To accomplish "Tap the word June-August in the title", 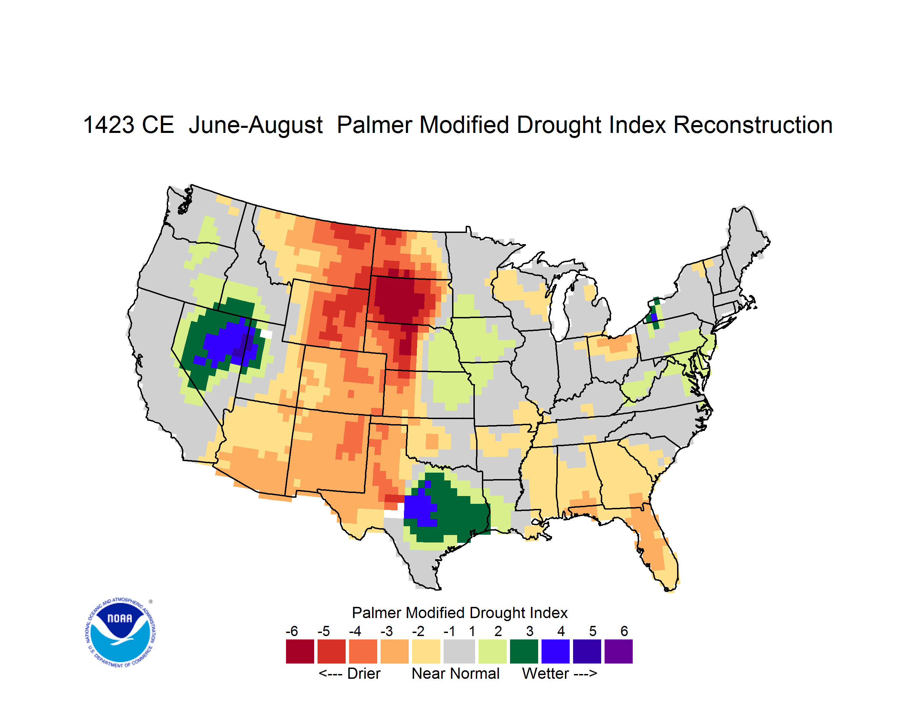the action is [x=256, y=125].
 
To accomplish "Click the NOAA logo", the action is [x=120, y=632].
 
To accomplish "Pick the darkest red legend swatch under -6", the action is [x=300, y=651].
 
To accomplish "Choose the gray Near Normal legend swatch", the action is [x=459, y=651].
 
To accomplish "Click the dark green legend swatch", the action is [x=524, y=651].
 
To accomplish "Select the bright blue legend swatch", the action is [x=555, y=651].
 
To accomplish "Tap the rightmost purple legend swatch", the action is [x=618, y=651].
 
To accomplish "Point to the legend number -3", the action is [x=386, y=631].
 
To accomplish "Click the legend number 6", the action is [x=624, y=631].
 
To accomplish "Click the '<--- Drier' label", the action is [x=350, y=673].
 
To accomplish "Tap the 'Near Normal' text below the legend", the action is [x=456, y=673].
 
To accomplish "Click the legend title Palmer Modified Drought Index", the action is [x=460, y=613].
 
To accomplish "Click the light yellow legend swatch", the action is [x=426, y=651].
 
